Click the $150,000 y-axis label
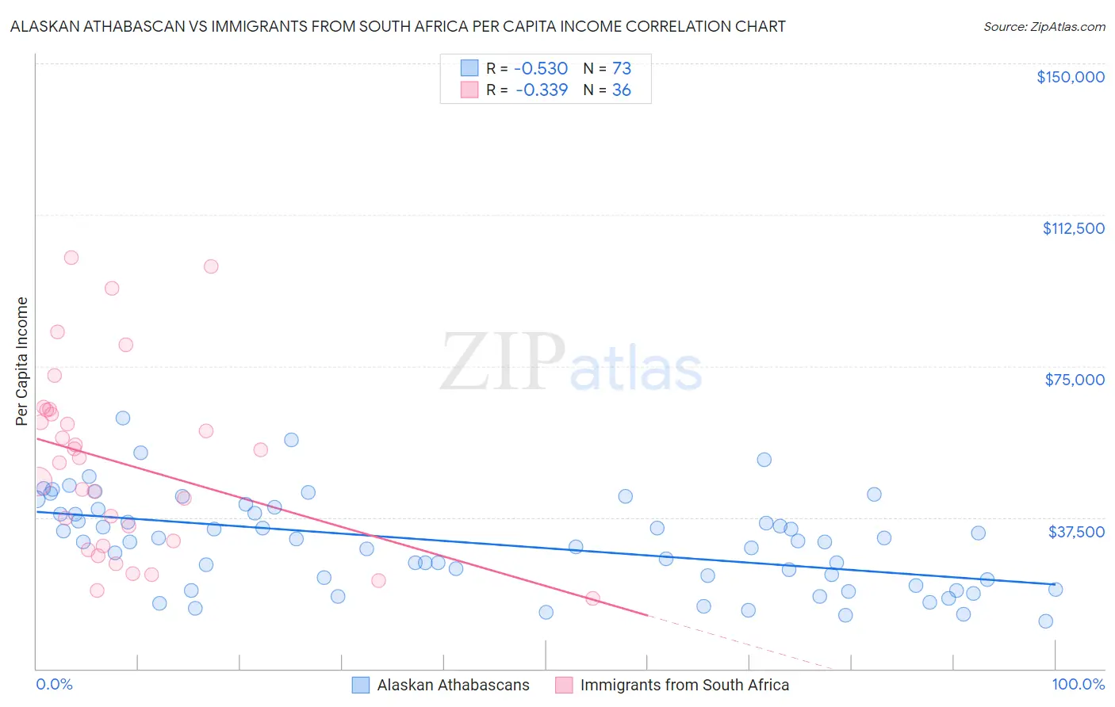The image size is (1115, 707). point(1070,77)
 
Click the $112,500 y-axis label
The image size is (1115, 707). point(1073,228)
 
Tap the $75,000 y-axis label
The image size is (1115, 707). point(1075,380)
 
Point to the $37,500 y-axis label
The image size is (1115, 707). point(1076,532)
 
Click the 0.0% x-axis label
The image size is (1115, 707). point(54,685)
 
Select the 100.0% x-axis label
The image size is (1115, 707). point(1078,685)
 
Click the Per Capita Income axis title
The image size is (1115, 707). point(22,361)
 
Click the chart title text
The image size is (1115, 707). point(397,27)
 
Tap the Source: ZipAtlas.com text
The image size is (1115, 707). point(1044,27)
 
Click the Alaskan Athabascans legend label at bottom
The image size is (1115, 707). point(453,686)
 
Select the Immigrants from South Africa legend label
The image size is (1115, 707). point(684,686)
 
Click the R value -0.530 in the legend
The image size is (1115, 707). point(542,69)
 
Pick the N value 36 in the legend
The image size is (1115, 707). point(621,90)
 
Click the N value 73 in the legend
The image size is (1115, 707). point(621,69)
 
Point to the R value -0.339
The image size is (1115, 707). point(542,90)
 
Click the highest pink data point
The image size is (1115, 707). point(71,258)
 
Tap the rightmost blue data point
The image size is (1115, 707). point(1056,589)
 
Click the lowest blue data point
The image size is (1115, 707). point(1046,621)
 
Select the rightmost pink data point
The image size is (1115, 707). point(592,598)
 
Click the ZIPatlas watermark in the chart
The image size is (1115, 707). point(571,364)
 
